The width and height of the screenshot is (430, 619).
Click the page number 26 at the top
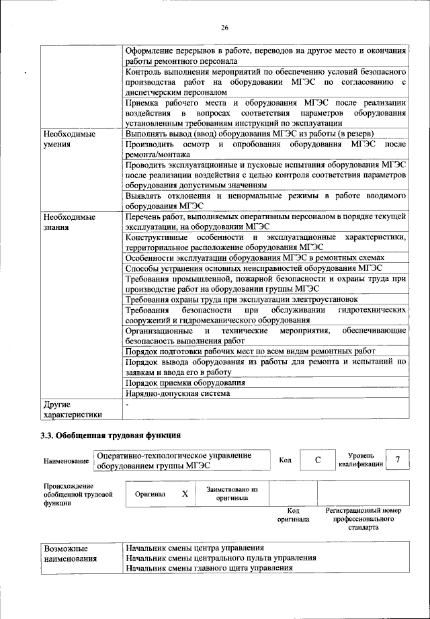coord(224,27)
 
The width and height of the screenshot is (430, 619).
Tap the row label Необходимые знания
coord(69,222)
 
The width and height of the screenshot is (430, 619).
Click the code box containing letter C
coord(317,460)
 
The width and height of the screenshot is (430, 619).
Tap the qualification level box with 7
coord(398,460)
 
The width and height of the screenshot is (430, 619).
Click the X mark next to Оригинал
coord(184,493)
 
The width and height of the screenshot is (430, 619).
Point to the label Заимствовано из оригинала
coord(232,493)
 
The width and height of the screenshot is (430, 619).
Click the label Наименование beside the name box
coord(65,460)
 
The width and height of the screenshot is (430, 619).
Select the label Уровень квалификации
coord(361,460)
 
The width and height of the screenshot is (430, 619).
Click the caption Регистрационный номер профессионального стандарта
coord(363,519)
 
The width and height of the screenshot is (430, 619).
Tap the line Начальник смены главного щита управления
coord(209,568)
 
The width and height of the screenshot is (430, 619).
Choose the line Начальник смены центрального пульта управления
coord(221,558)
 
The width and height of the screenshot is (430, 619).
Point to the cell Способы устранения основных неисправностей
coord(254,267)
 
